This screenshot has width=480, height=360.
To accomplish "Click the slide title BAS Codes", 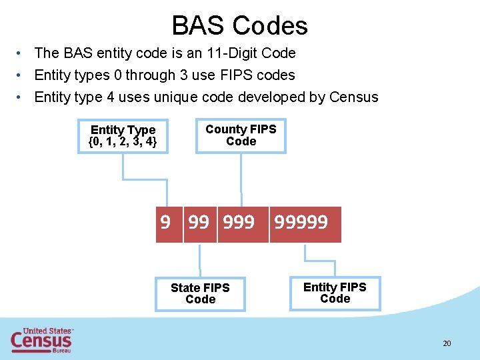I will coord(239,25).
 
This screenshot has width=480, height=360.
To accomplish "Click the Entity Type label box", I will coord(123,136).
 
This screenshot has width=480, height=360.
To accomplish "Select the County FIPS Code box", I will coord(241,135).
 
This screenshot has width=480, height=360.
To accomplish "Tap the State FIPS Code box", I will coord(200,294).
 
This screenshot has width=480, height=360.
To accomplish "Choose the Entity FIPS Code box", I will coord(335,293).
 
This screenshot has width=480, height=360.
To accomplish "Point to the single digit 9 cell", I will coord(165,222).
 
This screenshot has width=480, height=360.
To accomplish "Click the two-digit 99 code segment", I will coord(199,222).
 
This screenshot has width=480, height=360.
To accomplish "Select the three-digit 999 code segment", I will coord(239,222).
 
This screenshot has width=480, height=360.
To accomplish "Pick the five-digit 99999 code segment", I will coord(301,222).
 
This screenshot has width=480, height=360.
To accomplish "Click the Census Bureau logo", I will coord(41,340).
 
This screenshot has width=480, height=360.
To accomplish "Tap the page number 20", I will coord(447,343).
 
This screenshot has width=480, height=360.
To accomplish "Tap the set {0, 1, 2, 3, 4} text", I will coord(123,142).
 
